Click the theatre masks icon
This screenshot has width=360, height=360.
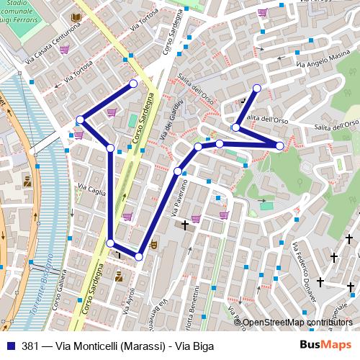tap(153, 246)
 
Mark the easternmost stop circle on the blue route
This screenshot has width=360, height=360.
tap(279, 146)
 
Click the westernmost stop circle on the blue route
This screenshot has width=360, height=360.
tap(81, 120)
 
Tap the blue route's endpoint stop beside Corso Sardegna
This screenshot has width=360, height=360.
tap(133, 84)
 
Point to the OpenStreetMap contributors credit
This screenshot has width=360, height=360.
tap(297, 323)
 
